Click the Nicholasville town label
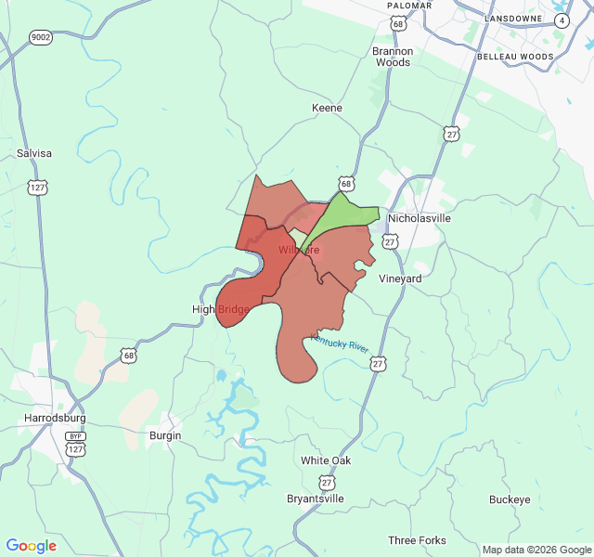[419, 218]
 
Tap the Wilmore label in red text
[299, 251]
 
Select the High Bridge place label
[220, 309]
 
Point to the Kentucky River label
[340, 343]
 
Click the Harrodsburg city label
[55, 419]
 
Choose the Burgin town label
[165, 434]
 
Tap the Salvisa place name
[34, 153]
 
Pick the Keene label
[327, 108]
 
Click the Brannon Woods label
[392, 57]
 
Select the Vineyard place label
[401, 278]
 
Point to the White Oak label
[326, 460]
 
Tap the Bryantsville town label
[316, 499]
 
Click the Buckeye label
[510, 499]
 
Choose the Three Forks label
[417, 540]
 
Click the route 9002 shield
[41, 37]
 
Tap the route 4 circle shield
[562, 19]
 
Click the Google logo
[32, 546]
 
